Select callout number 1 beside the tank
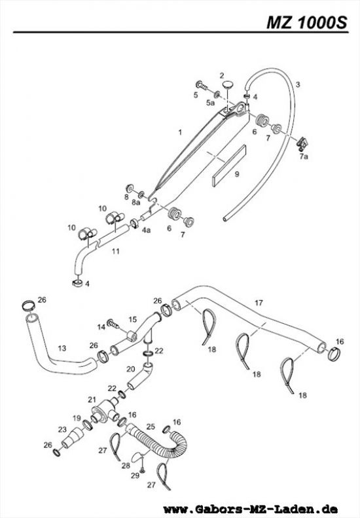point(177,132)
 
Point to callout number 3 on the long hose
point(298,84)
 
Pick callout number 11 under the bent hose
point(115,250)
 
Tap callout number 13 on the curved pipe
point(62,348)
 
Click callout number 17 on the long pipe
point(259,303)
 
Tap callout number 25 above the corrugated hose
point(150,426)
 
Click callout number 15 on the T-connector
point(132,319)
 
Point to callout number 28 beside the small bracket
point(126,465)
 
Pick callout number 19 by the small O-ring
point(76,418)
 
